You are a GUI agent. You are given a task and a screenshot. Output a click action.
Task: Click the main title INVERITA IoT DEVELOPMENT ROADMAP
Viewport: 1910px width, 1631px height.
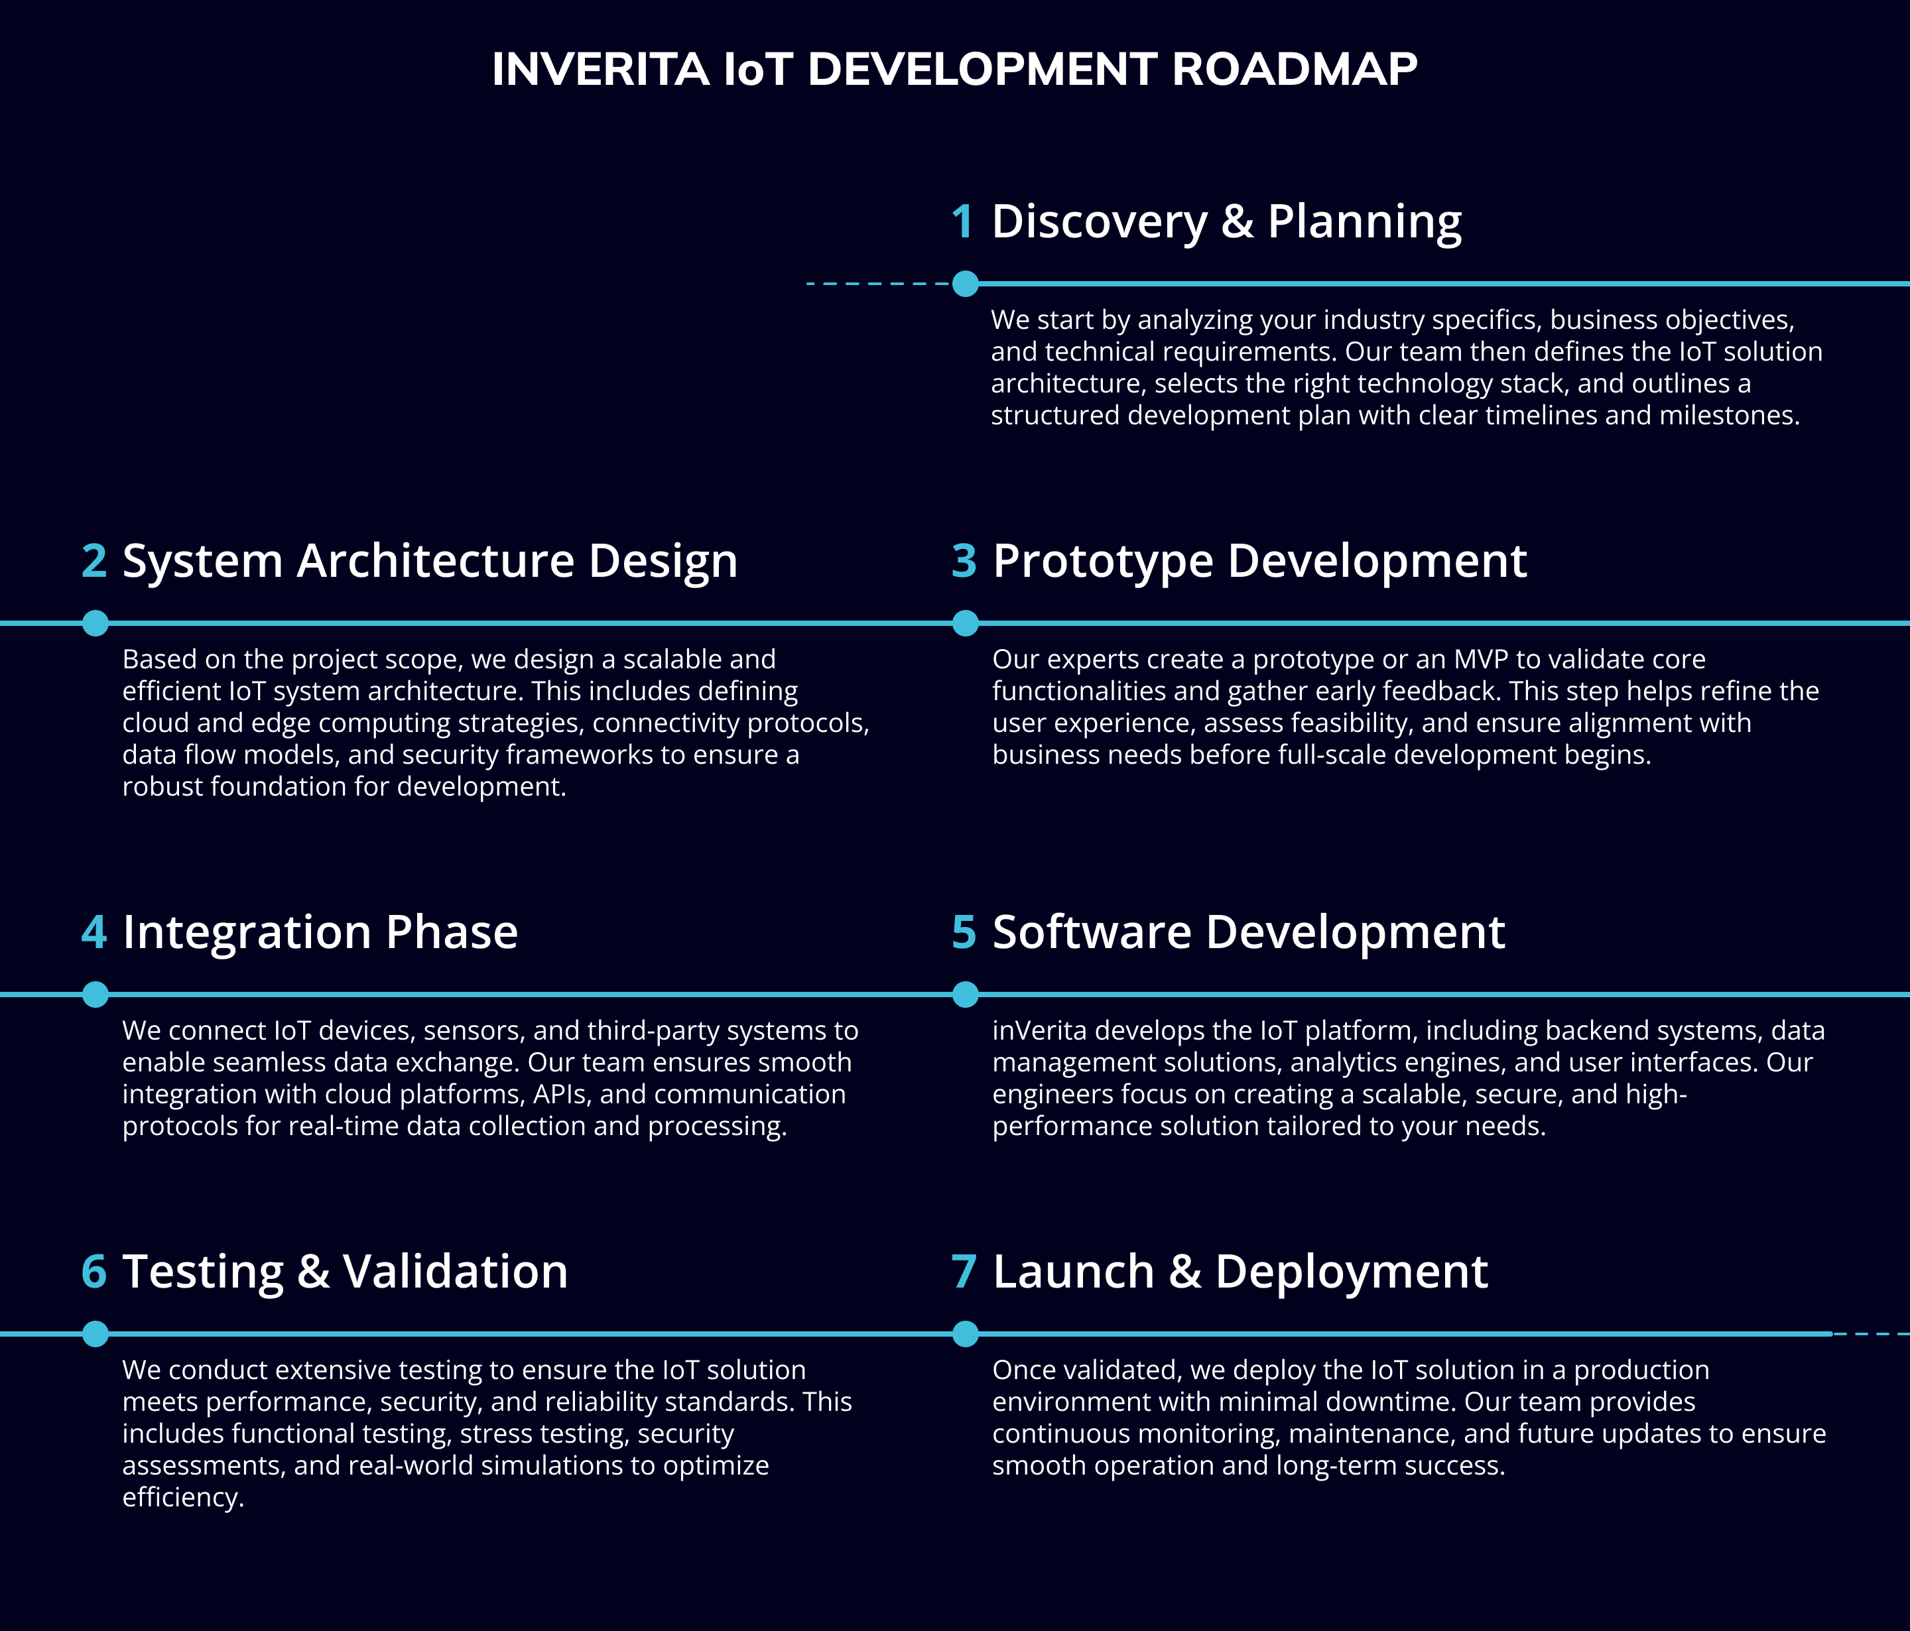(954, 69)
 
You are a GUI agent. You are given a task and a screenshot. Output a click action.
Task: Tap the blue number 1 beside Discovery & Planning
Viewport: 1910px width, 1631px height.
(962, 222)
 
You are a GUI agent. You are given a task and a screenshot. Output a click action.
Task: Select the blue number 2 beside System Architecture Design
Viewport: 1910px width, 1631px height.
(94, 561)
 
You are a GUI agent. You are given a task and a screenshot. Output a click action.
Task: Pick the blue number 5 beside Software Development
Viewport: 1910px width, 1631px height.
(964, 933)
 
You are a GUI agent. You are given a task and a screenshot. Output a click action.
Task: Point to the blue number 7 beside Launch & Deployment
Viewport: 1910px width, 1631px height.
(964, 1272)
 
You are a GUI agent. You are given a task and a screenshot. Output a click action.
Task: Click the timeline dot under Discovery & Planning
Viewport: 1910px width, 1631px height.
(965, 284)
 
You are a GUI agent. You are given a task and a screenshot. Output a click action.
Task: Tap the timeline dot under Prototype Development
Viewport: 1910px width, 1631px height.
(965, 623)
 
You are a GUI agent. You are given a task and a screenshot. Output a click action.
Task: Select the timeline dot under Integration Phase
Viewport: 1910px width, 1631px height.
(95, 995)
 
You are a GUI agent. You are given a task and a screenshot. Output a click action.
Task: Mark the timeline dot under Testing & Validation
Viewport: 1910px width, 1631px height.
(95, 1333)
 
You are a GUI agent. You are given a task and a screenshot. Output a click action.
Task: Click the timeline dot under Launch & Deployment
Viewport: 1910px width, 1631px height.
(965, 1333)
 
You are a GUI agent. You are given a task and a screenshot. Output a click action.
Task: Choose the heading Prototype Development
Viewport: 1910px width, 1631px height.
(1260, 561)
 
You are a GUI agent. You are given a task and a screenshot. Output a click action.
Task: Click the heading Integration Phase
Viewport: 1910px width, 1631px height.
(320, 933)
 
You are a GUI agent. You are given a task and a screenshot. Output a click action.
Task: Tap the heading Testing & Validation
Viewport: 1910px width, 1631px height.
(345, 1272)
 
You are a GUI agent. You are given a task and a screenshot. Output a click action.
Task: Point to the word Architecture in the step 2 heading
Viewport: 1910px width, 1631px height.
(435, 561)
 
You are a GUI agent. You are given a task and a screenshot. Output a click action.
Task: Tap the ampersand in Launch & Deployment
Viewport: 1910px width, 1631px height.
(1185, 1272)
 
